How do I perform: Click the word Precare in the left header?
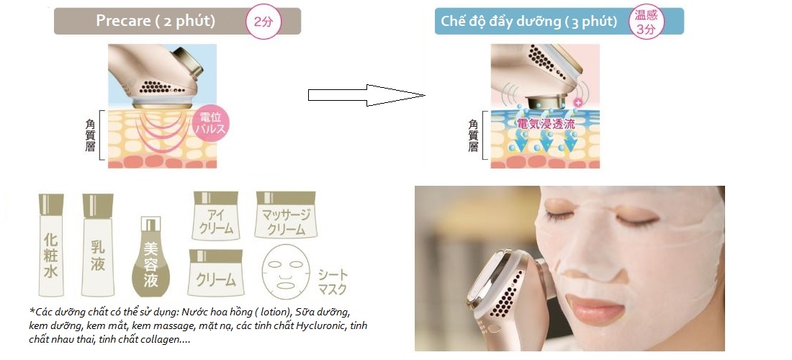(x=123, y=21)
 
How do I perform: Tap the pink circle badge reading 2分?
(x=262, y=21)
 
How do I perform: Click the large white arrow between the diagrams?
(x=366, y=95)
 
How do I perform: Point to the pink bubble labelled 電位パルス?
(x=211, y=124)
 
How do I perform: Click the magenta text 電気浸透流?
(x=546, y=124)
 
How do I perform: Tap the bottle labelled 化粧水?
(x=51, y=245)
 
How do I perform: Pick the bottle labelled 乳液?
(x=97, y=245)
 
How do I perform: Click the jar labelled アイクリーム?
(x=216, y=215)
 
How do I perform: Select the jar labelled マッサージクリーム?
(x=286, y=215)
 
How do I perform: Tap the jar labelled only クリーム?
(x=216, y=273)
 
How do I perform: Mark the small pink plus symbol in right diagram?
(x=578, y=102)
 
